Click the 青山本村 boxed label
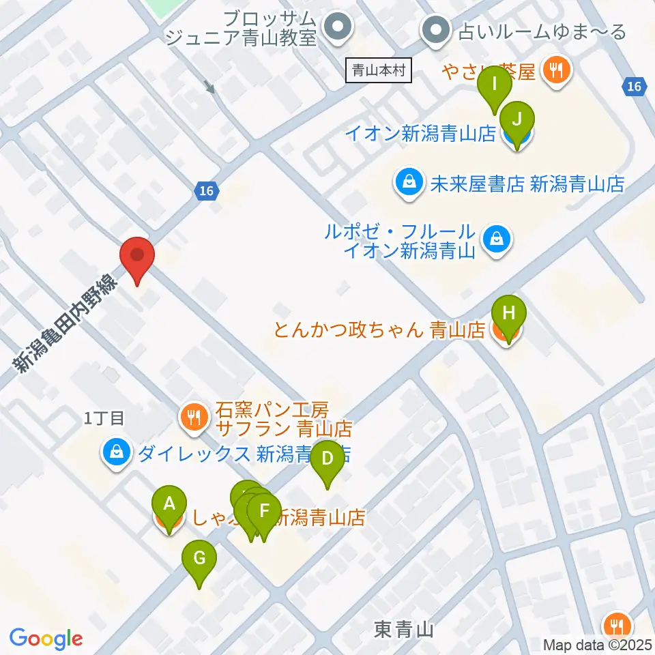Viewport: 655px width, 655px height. pyautogui.click(x=379, y=70)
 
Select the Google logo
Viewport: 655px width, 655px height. pyautogui.click(x=46, y=639)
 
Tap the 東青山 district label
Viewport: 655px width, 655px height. pyautogui.click(x=404, y=628)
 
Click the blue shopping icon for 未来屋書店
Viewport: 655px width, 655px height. pyautogui.click(x=407, y=183)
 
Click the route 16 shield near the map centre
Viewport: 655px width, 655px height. pyautogui.click(x=207, y=192)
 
